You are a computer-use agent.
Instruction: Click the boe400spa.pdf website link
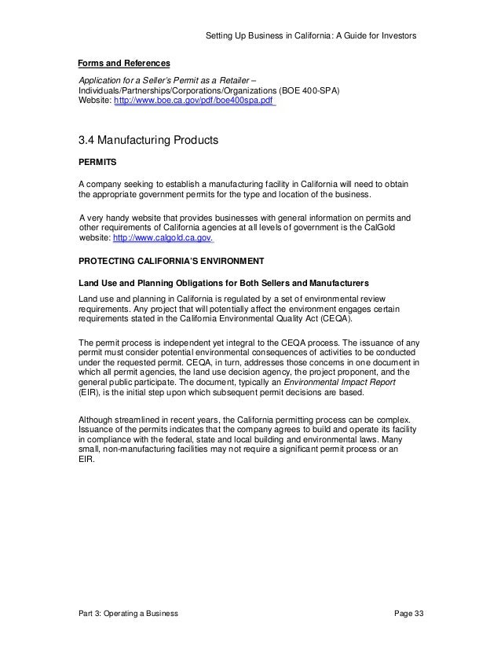pyautogui.click(x=194, y=102)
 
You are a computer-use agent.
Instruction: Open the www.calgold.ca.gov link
pyautogui.click(x=163, y=239)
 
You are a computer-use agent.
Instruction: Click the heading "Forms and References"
pyautogui.click(x=124, y=62)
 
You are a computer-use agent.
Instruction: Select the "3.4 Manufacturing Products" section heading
pyautogui.click(x=147, y=141)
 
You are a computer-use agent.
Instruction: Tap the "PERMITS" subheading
pyautogui.click(x=97, y=163)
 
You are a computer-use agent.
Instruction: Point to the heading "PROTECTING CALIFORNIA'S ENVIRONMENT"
pyautogui.click(x=171, y=260)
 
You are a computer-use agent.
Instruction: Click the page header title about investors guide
pyautogui.click(x=309, y=36)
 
